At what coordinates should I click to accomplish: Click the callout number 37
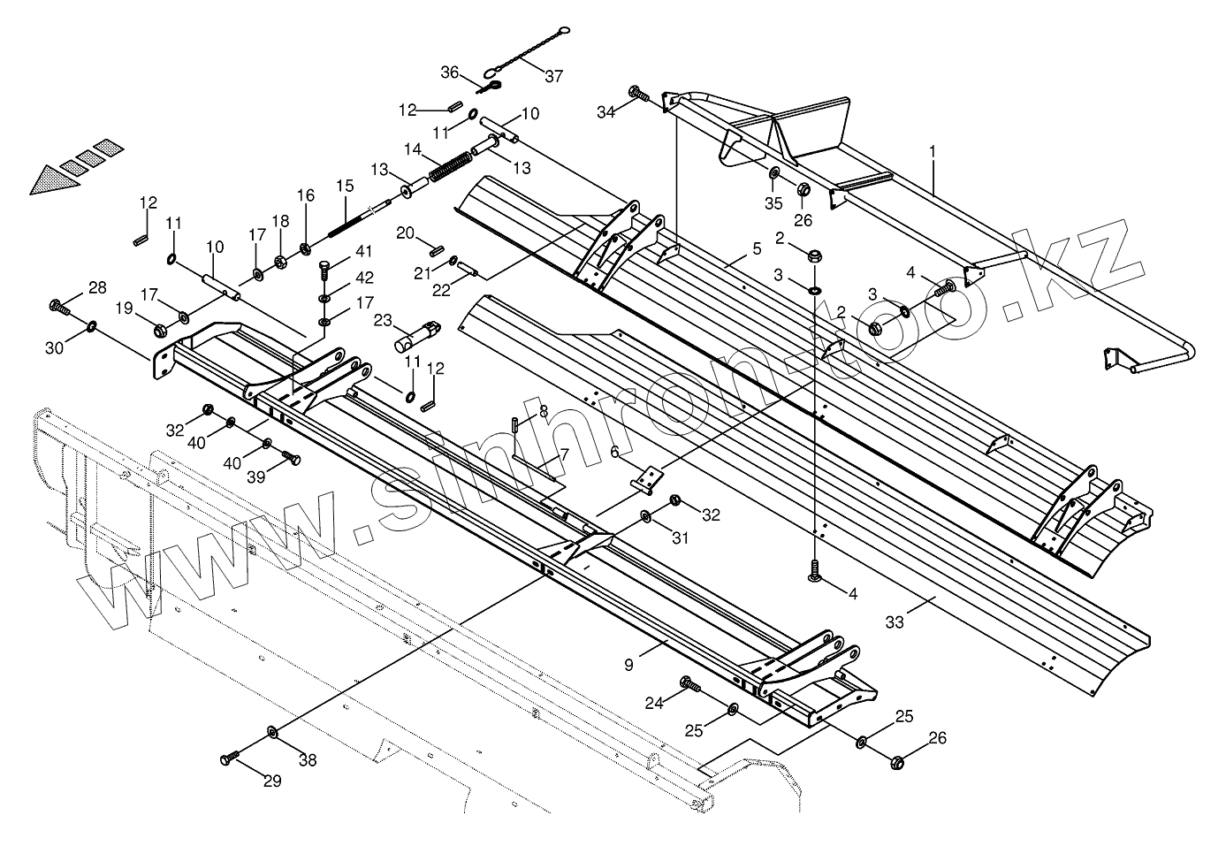tap(553, 76)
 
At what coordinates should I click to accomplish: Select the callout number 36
tap(450, 72)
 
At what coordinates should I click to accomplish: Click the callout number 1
tap(932, 152)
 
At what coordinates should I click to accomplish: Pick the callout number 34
tap(605, 112)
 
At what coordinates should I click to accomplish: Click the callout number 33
tap(895, 622)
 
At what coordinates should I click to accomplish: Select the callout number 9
tap(628, 665)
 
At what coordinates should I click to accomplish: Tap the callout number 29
tap(272, 781)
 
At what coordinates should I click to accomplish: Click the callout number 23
tap(382, 320)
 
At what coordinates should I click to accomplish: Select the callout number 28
tap(97, 286)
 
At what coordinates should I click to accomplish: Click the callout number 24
tap(653, 704)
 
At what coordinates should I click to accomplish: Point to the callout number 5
tap(755, 249)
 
